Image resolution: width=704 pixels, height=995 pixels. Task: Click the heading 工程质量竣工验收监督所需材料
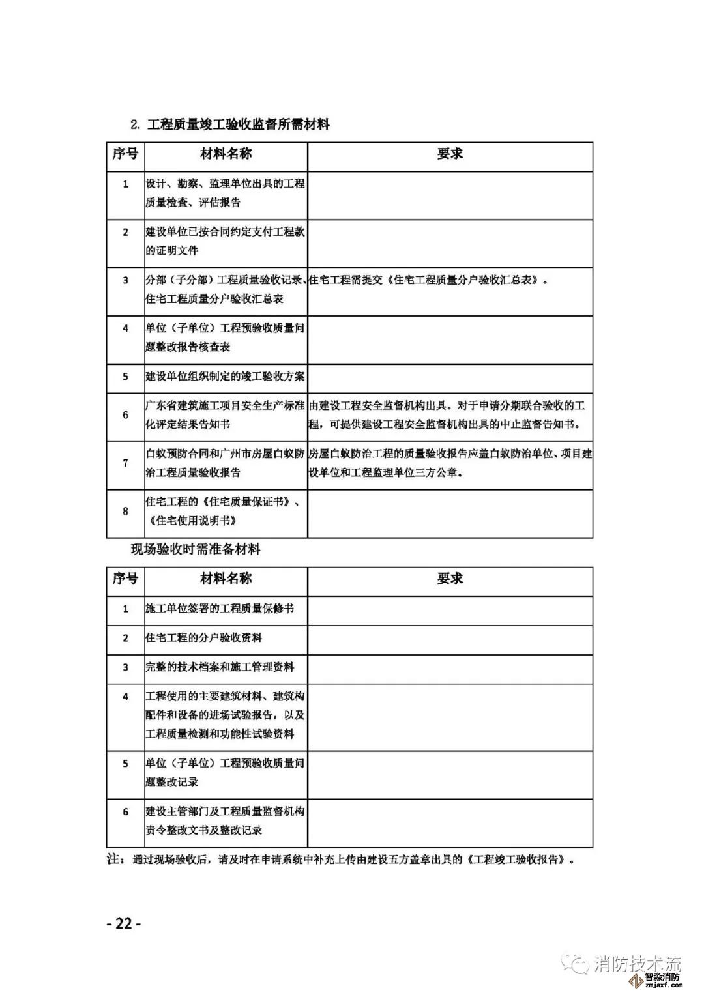pyautogui.click(x=239, y=124)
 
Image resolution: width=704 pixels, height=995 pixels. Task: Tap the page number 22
pyautogui.click(x=123, y=923)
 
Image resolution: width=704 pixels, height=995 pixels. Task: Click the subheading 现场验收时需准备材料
pyautogui.click(x=196, y=549)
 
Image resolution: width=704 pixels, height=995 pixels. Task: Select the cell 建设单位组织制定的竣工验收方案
pyautogui.click(x=225, y=377)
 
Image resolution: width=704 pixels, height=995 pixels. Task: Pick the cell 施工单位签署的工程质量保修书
pyautogui.click(x=220, y=609)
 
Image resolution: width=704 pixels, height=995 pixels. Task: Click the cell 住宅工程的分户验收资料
pyautogui.click(x=203, y=638)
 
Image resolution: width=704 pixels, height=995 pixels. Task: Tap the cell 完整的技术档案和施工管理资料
pyautogui.click(x=220, y=667)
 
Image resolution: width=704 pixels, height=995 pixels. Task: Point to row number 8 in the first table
pyautogui.click(x=126, y=512)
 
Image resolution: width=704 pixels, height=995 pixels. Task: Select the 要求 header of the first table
pyautogui.click(x=450, y=154)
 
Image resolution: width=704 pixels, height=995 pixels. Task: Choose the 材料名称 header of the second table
pyautogui.click(x=226, y=579)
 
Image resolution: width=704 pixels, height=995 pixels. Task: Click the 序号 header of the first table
pyautogui.click(x=125, y=154)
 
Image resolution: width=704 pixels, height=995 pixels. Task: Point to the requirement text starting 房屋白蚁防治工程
pyautogui.click(x=450, y=463)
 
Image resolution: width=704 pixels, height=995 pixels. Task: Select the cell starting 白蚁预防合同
pyautogui.click(x=225, y=463)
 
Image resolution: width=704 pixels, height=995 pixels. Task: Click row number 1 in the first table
pyautogui.click(x=126, y=184)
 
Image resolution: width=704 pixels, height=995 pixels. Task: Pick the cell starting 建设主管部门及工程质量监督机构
pyautogui.click(x=225, y=821)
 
